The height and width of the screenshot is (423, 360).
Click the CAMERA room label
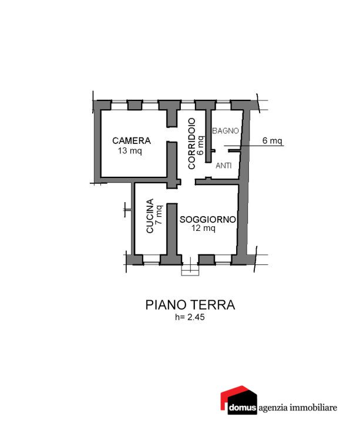tap(132, 140)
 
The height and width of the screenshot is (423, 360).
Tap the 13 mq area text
tap(130, 150)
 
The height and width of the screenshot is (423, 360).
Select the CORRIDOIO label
tap(191, 143)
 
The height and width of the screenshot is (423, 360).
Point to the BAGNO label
tap(226, 131)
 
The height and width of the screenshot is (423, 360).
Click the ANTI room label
tap(224, 165)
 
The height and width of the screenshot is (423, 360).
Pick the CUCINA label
tap(150, 216)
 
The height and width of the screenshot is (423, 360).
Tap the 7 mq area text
tap(159, 215)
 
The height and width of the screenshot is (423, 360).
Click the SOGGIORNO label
tap(208, 219)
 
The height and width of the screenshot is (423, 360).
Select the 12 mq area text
tap(203, 228)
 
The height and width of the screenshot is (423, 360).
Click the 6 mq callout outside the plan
tap(272, 140)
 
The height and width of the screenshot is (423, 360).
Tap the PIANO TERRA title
tap(190, 305)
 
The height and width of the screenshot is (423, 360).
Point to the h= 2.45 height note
tap(190, 317)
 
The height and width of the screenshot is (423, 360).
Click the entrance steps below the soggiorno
tap(190, 270)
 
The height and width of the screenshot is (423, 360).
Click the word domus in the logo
tap(242, 408)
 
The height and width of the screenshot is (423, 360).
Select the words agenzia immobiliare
tap(298, 407)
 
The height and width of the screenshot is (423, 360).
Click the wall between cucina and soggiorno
tap(171, 229)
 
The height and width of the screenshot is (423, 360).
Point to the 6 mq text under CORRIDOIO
tap(201, 146)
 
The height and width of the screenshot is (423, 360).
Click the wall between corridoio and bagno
tap(208, 136)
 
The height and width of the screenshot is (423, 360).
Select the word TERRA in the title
tap(213, 305)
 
